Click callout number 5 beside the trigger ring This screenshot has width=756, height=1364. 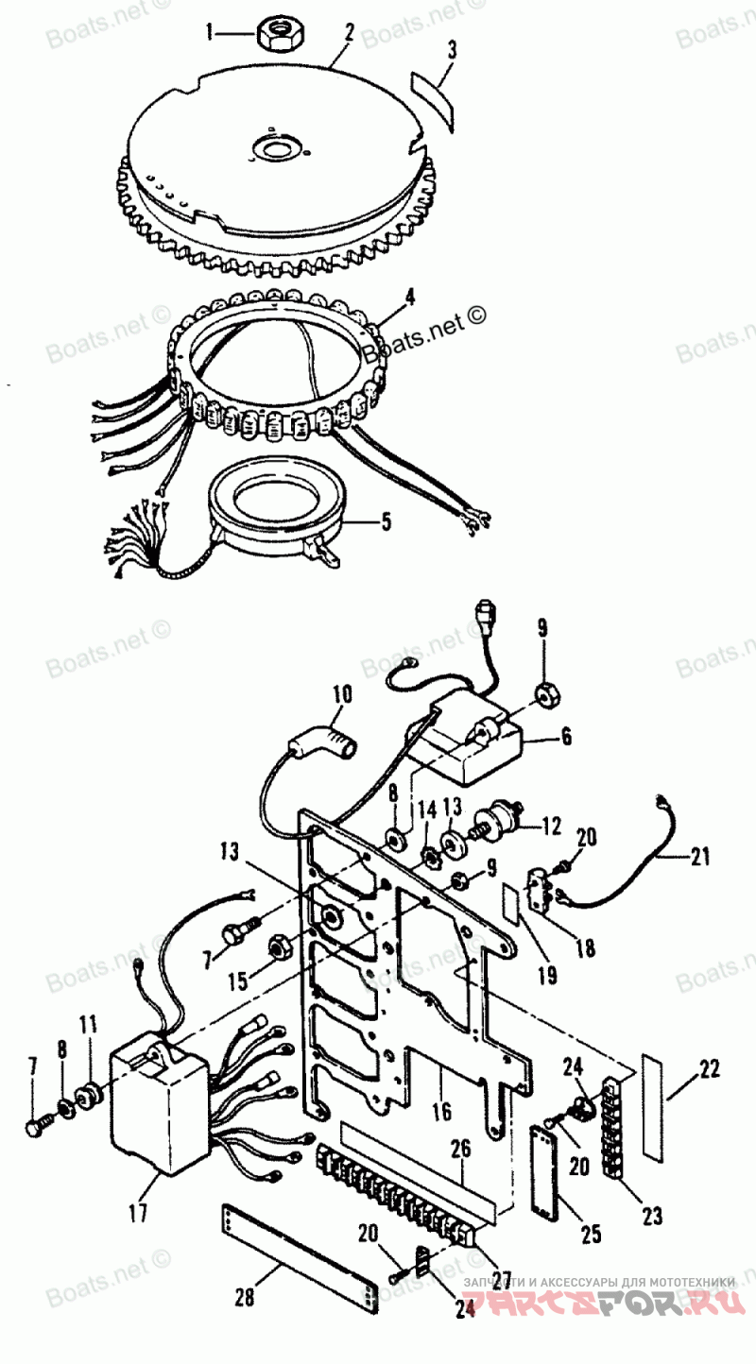tap(387, 521)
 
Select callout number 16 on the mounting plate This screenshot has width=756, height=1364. tap(442, 1111)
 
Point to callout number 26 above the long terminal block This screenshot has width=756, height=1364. tap(460, 1150)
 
